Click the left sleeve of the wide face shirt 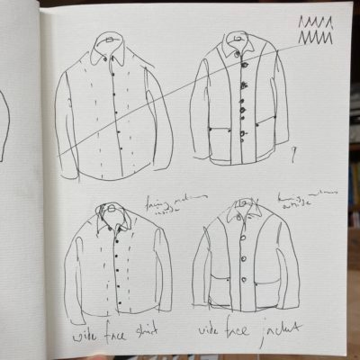point(79,265)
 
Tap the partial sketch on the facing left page point(4,126)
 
